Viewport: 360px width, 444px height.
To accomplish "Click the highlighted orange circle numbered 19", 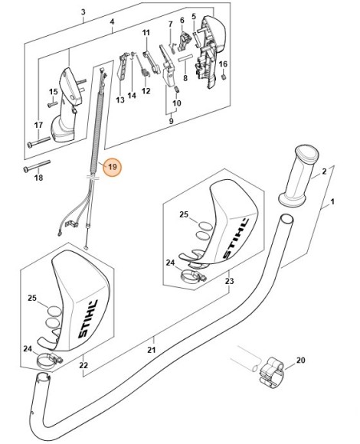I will point(113,166).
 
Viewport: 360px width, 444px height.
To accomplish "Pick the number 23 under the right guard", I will point(227,281).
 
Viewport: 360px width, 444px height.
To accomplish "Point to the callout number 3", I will point(83,11).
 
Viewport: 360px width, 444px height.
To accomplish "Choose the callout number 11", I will point(146,33).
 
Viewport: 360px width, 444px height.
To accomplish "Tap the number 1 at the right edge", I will point(332,204).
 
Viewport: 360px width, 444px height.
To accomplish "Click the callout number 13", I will point(119,100).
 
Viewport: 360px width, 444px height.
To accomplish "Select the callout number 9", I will point(171,120).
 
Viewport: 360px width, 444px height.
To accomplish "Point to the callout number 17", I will point(37,125).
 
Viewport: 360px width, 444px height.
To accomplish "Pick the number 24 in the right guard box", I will point(170,262).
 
